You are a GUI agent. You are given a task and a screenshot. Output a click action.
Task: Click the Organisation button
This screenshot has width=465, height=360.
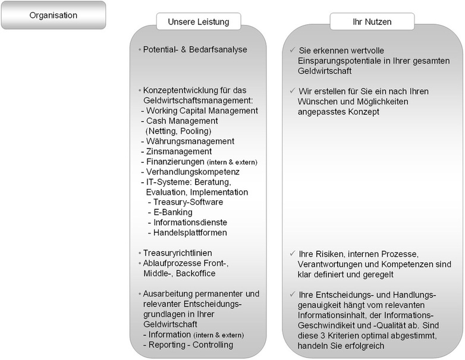point(54,15)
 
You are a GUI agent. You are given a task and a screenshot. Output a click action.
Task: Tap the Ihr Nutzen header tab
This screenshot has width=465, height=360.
point(372,23)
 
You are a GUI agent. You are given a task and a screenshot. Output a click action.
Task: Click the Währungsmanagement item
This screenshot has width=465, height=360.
point(187,141)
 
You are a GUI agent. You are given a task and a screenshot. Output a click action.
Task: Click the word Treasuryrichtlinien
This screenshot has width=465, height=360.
point(178,252)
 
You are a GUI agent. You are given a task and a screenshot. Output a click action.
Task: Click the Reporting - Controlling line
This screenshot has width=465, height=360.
point(188,345)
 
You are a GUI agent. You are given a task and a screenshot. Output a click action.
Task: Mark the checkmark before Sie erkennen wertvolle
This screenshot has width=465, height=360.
point(291,50)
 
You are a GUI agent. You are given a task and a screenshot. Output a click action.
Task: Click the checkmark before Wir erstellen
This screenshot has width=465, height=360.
point(291,91)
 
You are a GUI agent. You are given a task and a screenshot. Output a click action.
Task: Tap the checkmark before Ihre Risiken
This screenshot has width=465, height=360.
point(291,253)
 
